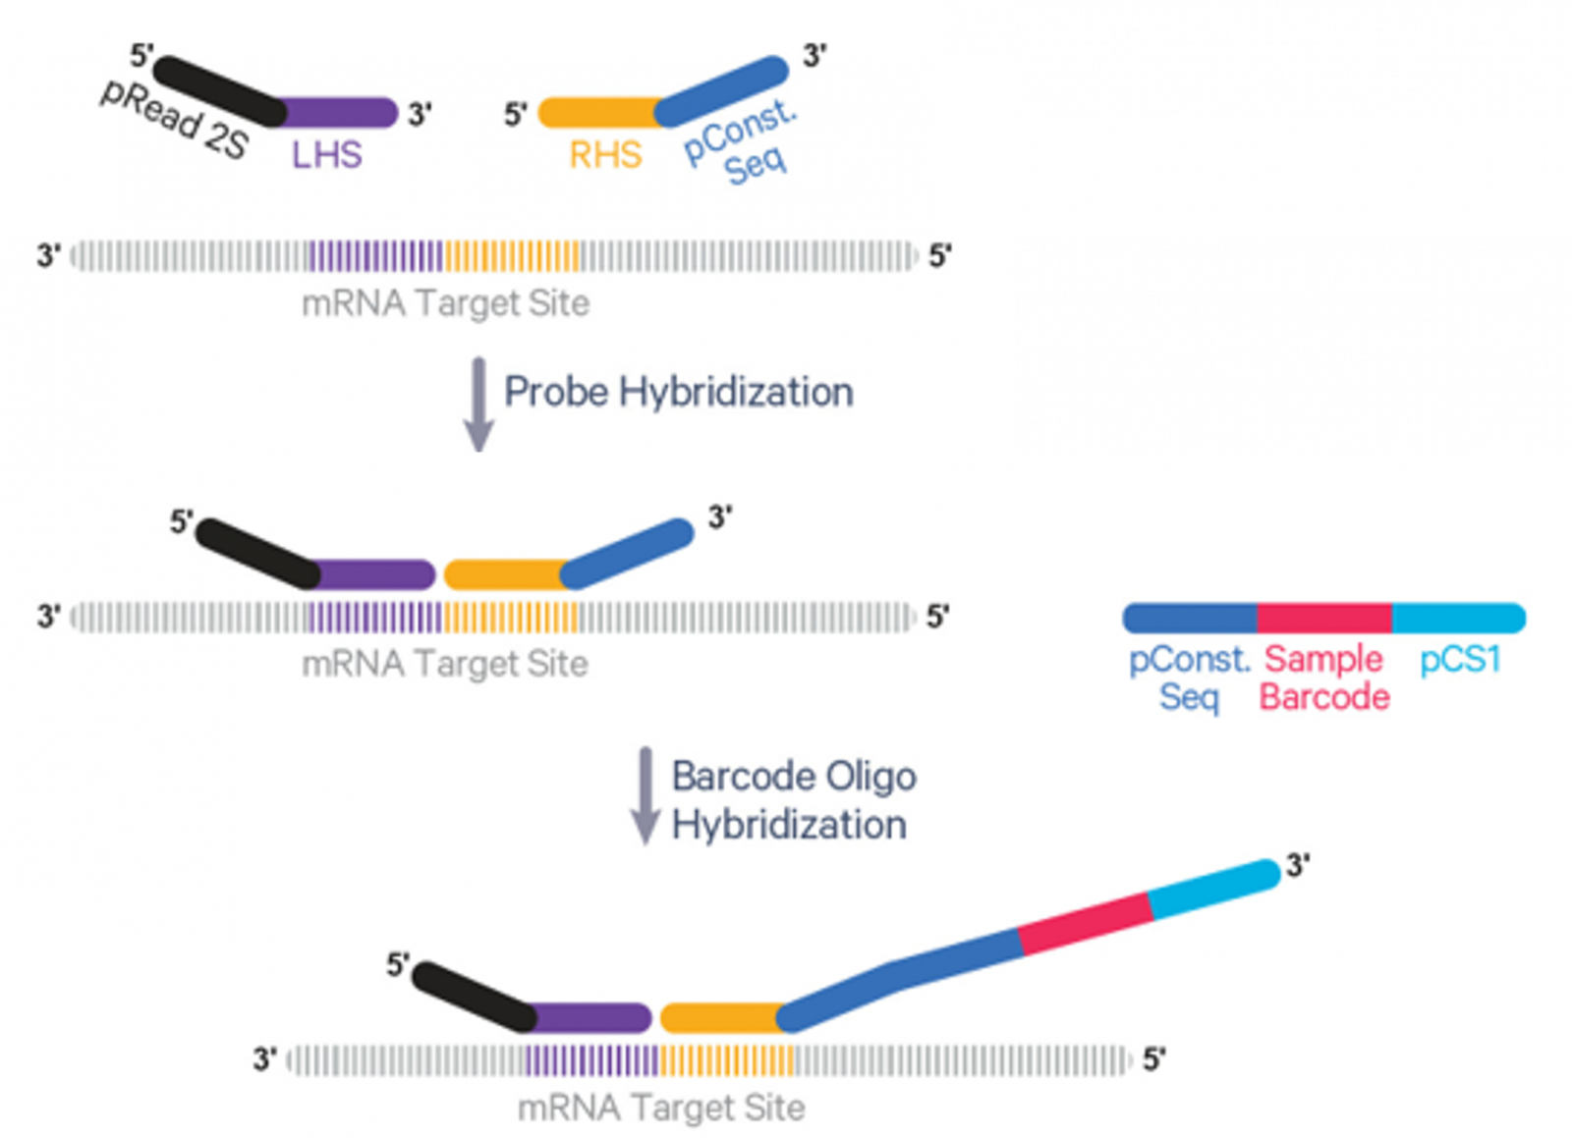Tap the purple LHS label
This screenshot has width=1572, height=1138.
327,155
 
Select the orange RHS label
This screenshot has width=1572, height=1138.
605,155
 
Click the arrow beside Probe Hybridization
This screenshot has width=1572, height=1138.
478,405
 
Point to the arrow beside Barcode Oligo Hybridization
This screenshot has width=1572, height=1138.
645,796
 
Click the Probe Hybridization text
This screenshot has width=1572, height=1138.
679,391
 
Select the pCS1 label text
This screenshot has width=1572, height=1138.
1460,660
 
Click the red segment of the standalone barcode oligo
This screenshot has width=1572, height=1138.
1324,618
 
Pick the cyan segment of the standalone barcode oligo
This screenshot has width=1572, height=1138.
1459,618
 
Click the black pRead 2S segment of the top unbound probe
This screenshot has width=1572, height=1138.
220,91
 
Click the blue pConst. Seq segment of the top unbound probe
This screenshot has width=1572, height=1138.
721,91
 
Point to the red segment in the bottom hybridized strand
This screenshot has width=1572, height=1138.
1086,923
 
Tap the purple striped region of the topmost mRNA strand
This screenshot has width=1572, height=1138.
375,256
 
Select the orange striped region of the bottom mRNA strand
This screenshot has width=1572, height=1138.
726,1060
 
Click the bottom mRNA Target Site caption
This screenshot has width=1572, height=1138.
661,1109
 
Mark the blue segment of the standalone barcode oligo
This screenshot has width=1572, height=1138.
1190,618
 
